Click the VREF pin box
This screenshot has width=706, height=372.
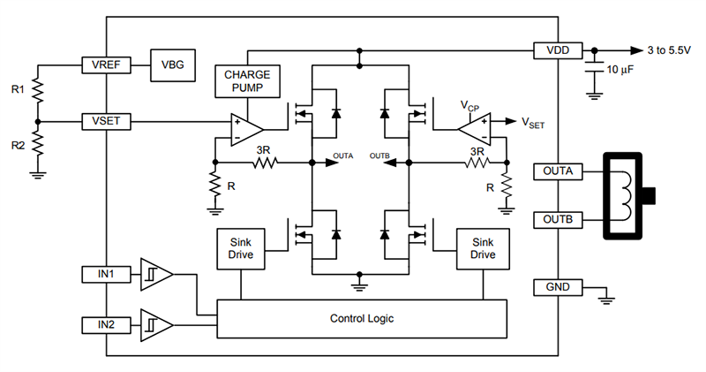[x=106, y=65]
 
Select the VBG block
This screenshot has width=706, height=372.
[x=172, y=65]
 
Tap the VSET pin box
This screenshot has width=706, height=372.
[x=106, y=120]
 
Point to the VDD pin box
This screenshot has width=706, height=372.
[x=559, y=50]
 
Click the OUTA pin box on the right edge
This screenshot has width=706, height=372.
[x=559, y=171]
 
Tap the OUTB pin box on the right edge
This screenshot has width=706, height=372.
[x=559, y=219]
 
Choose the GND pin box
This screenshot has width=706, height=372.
[x=559, y=287]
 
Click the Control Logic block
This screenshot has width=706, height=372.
[x=362, y=318]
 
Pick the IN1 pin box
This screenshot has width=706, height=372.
[x=106, y=275]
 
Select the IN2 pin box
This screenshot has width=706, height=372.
[x=106, y=325]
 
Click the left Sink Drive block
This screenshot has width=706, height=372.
[x=241, y=247]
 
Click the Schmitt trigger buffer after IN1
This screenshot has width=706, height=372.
[x=156, y=276]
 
